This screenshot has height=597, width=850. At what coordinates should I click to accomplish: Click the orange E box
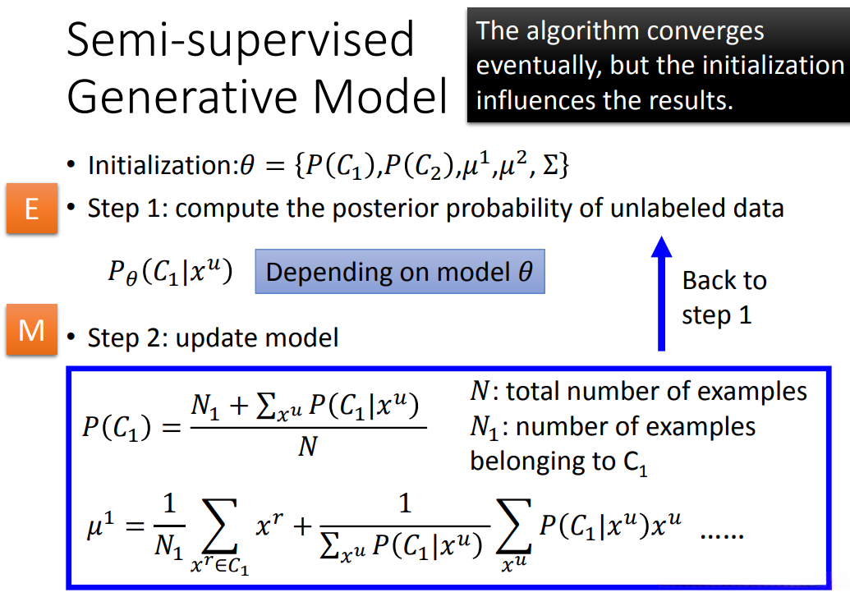click(x=32, y=209)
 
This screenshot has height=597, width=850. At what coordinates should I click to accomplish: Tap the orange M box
click(x=32, y=329)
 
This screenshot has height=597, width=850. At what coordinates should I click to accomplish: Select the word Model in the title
click(x=380, y=96)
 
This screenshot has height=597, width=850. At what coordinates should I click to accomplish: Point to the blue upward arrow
click(x=661, y=293)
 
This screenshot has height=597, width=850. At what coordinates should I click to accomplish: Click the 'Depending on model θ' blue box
click(x=400, y=272)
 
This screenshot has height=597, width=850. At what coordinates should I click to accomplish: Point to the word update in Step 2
click(x=213, y=338)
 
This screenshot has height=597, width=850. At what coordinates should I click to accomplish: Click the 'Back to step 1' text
click(x=724, y=298)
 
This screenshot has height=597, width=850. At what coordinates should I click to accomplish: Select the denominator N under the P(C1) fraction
click(x=308, y=447)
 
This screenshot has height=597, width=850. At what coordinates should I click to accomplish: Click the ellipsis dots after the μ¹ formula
click(x=722, y=535)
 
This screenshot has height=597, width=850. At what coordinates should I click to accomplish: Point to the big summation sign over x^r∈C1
click(x=219, y=526)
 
